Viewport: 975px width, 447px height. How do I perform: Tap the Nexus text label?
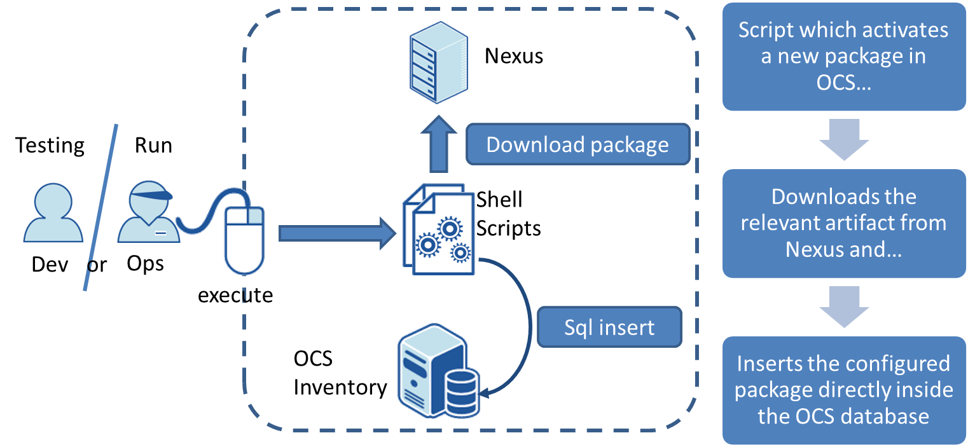514,56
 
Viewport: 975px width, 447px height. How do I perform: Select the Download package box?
577,145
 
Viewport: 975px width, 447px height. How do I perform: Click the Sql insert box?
609,327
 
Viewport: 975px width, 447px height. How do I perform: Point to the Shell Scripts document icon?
439,230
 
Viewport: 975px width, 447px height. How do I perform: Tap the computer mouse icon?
244,239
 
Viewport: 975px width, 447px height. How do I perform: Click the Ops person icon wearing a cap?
146,213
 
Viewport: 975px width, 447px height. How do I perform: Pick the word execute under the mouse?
235,295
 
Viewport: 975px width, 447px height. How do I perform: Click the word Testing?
50,145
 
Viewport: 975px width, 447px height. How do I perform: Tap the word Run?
153,145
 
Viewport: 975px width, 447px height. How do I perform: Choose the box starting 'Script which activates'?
843,57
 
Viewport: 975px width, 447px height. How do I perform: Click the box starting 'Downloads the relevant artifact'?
843,223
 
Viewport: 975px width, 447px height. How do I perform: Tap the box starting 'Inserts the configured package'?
843,390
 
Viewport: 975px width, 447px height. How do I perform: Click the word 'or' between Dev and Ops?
97,264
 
